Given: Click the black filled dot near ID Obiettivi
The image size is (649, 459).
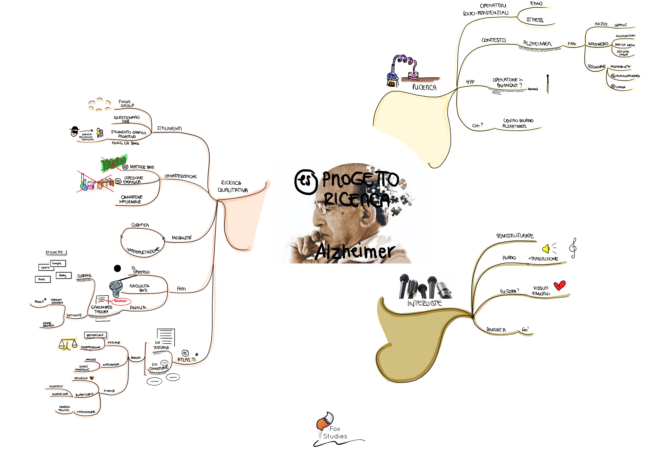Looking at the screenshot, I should point(117,268).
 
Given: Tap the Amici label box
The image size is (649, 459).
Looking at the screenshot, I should point(42,279).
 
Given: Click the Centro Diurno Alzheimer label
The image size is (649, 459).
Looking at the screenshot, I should point(518,124).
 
